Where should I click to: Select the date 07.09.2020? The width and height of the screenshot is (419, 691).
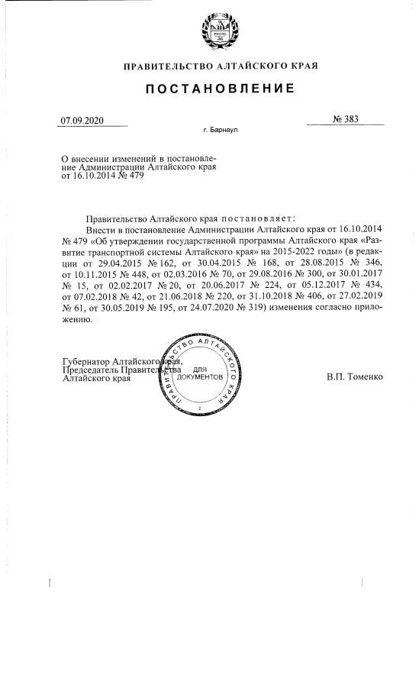coord(82,120)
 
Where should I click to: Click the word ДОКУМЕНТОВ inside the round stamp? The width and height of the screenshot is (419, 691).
coord(200,378)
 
